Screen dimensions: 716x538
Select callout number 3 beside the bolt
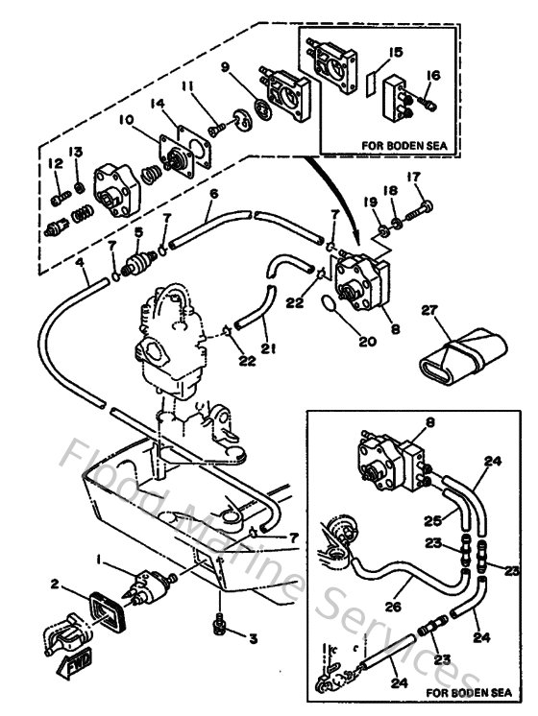pyautogui.click(x=254, y=637)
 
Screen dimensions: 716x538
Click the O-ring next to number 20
pyautogui.click(x=330, y=306)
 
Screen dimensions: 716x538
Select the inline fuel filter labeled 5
pyautogui.click(x=139, y=261)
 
